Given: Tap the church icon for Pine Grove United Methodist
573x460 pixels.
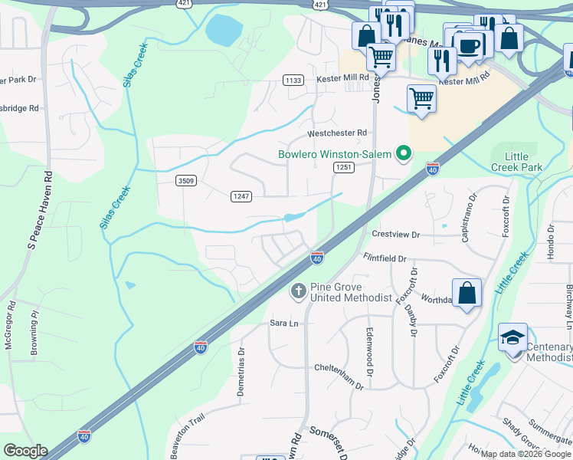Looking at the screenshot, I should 298,291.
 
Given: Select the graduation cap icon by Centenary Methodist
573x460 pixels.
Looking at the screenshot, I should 512,337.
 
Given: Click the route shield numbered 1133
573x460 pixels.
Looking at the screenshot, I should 293,80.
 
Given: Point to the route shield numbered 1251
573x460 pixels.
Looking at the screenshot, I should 343,167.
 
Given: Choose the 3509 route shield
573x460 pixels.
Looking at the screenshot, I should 185,181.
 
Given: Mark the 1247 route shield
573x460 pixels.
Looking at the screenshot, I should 241,197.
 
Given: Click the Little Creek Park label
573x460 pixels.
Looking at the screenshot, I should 518,162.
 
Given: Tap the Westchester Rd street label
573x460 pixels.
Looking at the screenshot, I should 337,133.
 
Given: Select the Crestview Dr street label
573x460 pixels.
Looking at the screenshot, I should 395,235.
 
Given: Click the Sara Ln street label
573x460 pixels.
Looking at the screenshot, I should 283,324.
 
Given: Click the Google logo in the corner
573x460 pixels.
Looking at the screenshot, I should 25,451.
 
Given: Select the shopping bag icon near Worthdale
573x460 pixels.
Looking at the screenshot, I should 467,294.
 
